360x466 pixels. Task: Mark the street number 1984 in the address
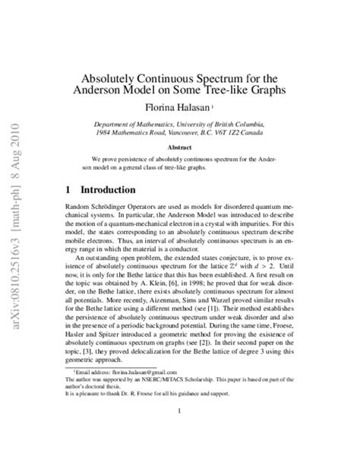(x=105, y=132)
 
